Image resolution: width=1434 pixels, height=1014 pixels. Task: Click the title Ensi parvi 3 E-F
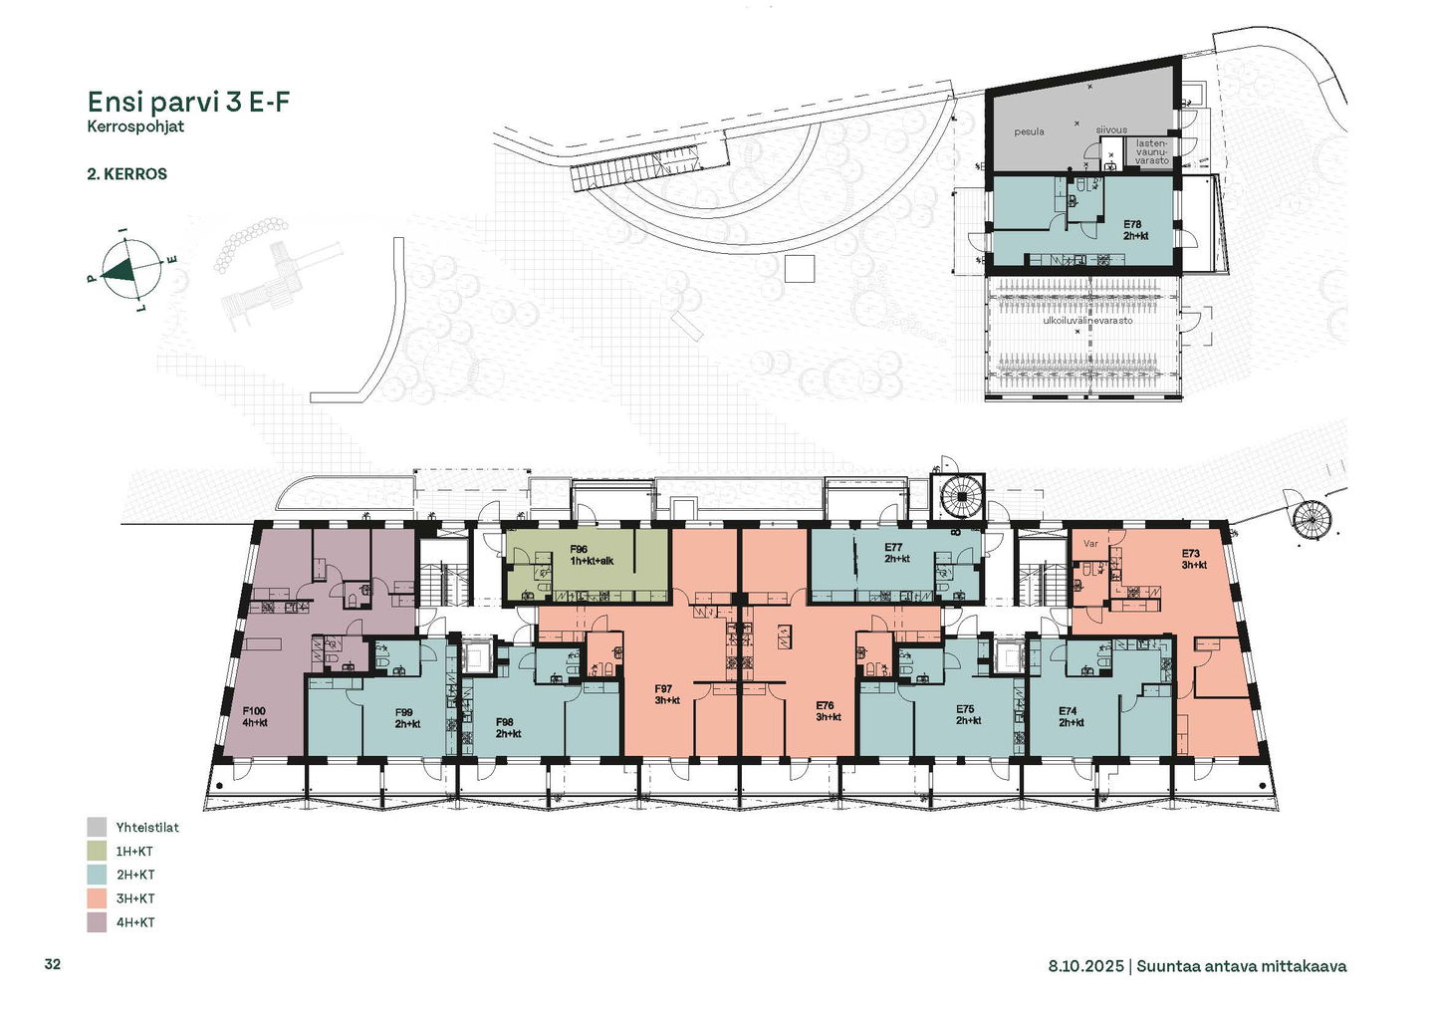coord(189,102)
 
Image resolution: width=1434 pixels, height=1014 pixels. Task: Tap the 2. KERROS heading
coord(127,174)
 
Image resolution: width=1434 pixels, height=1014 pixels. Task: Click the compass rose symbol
coord(131,270)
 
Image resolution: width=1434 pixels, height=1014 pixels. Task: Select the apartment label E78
coord(1132,225)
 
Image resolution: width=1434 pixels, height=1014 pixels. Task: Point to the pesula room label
coord(1030,131)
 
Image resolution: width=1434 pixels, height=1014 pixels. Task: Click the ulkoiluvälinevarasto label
coord(1087,320)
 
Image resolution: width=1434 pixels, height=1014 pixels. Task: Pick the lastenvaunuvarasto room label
coord(1152,152)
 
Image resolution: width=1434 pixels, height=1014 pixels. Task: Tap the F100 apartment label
coord(254,711)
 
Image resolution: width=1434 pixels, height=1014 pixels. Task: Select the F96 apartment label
coord(579,549)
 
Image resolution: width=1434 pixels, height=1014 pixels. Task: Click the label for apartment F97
coord(663,689)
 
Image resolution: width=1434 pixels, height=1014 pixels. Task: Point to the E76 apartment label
coord(825,705)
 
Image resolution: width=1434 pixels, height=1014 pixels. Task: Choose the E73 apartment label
coord(1191,554)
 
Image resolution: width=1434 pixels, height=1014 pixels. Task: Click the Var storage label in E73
coord(1090,544)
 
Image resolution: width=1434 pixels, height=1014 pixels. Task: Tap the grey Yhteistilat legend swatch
coord(97,827)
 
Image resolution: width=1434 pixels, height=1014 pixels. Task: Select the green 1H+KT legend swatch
coord(97,852)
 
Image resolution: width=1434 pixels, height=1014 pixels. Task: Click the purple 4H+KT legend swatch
coord(97,922)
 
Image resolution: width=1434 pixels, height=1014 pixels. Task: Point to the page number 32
coord(53,964)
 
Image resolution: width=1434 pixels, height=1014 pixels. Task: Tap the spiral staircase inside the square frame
coord(958,498)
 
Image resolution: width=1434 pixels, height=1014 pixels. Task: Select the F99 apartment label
coord(404,712)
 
